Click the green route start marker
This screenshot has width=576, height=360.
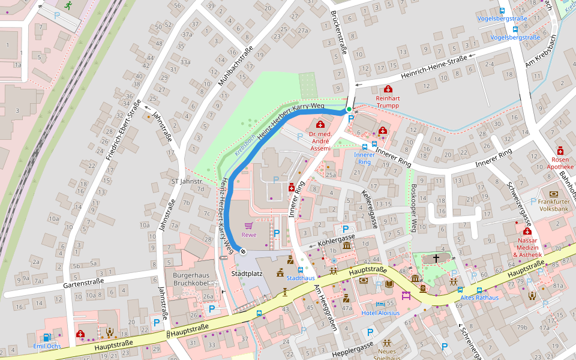[x=349, y=109]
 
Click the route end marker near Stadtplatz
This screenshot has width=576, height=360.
[x=243, y=251]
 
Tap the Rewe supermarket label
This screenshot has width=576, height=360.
[x=249, y=234]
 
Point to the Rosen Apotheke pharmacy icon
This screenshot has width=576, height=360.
[x=560, y=150]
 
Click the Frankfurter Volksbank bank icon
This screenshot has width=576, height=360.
[x=553, y=194]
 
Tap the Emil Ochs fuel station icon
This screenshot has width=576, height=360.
[x=47, y=337]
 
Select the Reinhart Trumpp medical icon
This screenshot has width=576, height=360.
[x=388, y=90]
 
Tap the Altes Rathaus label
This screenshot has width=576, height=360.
[x=479, y=298]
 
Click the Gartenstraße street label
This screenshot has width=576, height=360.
[x=83, y=281]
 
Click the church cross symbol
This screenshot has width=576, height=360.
[x=436, y=258]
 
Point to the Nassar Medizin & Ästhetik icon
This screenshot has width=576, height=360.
[x=527, y=231]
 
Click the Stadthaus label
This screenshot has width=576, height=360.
[x=301, y=278]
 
